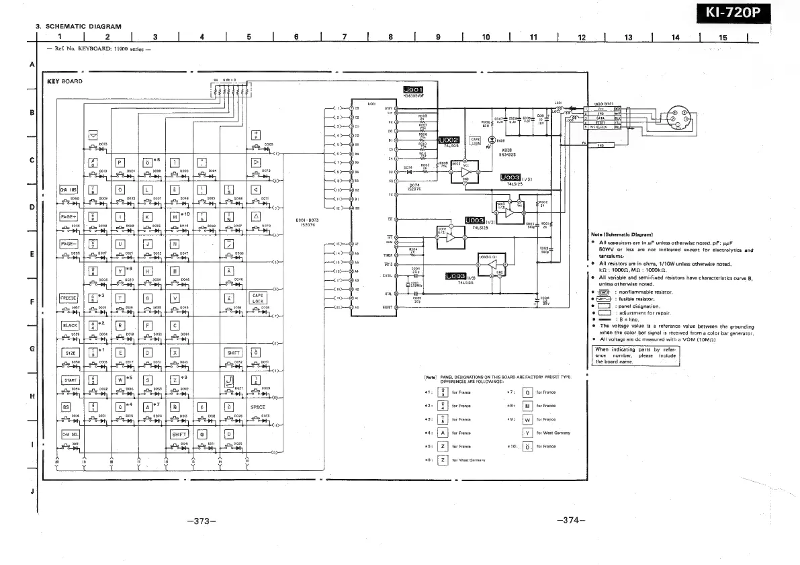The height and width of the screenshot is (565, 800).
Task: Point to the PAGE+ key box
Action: point(70,216)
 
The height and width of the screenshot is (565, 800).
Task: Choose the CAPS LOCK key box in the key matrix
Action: point(259,297)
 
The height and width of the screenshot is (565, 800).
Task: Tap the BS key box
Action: point(66,406)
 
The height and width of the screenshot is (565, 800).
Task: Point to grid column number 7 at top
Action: point(344,37)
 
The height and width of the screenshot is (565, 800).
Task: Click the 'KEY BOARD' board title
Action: point(65,81)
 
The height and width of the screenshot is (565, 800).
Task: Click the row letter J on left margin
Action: point(32,490)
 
